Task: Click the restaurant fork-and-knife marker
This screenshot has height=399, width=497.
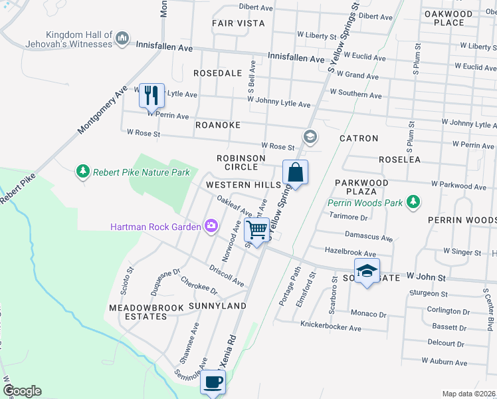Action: click(151, 95)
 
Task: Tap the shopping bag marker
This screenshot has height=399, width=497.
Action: click(295, 173)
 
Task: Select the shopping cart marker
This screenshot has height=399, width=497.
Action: click(256, 230)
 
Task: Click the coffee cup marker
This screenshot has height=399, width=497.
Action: click(213, 382)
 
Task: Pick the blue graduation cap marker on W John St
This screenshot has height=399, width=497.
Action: click(366, 271)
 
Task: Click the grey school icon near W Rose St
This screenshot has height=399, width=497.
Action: click(309, 137)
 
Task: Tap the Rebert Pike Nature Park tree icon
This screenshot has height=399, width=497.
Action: click(83, 172)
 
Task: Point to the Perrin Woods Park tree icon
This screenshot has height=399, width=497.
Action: click(413, 201)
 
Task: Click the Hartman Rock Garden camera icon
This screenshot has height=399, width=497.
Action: click(211, 227)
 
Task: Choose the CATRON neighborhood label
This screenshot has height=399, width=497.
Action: click(359, 139)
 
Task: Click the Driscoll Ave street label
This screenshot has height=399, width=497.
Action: click(227, 277)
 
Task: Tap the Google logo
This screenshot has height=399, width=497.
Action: click(22, 391)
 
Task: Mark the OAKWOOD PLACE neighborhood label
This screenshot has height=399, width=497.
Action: click(448, 18)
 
